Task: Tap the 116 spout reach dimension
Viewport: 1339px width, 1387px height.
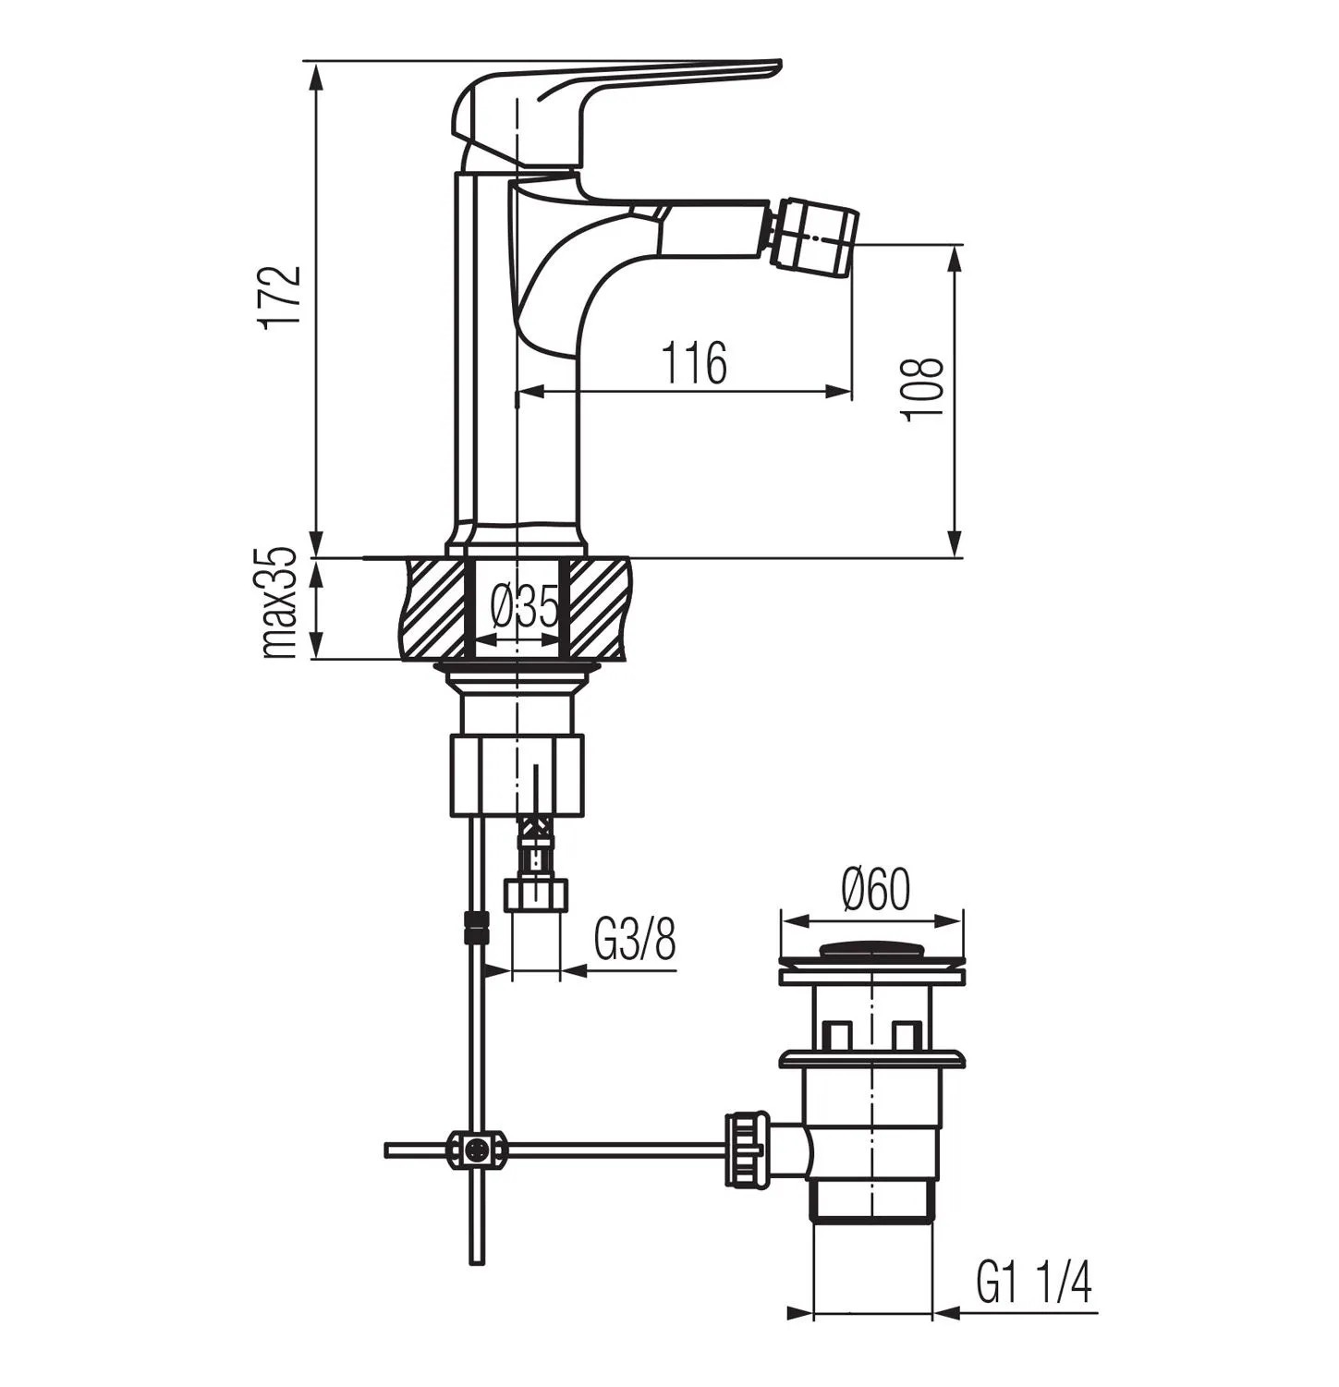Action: (694, 362)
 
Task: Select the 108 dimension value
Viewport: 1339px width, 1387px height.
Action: (923, 388)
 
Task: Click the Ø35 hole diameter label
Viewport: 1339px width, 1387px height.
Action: (525, 608)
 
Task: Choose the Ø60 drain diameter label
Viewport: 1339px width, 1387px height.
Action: (875, 890)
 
